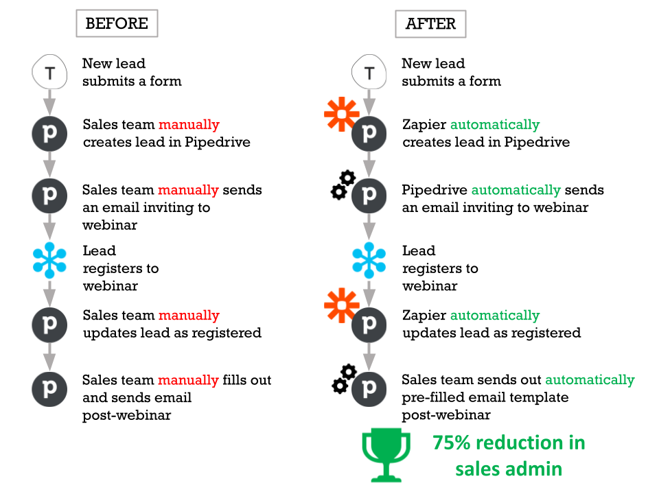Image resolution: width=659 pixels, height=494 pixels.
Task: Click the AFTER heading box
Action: [430, 23]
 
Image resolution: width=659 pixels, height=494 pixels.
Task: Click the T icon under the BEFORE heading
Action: [50, 73]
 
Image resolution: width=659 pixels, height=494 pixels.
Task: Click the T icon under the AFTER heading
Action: [369, 73]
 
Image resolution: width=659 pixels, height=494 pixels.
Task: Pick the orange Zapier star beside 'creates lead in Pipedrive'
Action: [341, 115]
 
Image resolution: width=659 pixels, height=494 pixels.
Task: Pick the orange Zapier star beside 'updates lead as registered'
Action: [341, 305]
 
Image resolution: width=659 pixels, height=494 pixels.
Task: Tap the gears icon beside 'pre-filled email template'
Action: [342, 379]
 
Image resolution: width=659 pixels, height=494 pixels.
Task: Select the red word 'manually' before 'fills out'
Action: [189, 380]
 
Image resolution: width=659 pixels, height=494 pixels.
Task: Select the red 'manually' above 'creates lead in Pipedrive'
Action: [189, 125]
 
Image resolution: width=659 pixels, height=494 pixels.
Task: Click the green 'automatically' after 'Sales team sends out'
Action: [590, 380]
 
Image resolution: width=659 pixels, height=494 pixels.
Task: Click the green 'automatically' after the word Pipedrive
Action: [516, 189]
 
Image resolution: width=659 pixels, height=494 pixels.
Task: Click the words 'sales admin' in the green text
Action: [509, 469]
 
